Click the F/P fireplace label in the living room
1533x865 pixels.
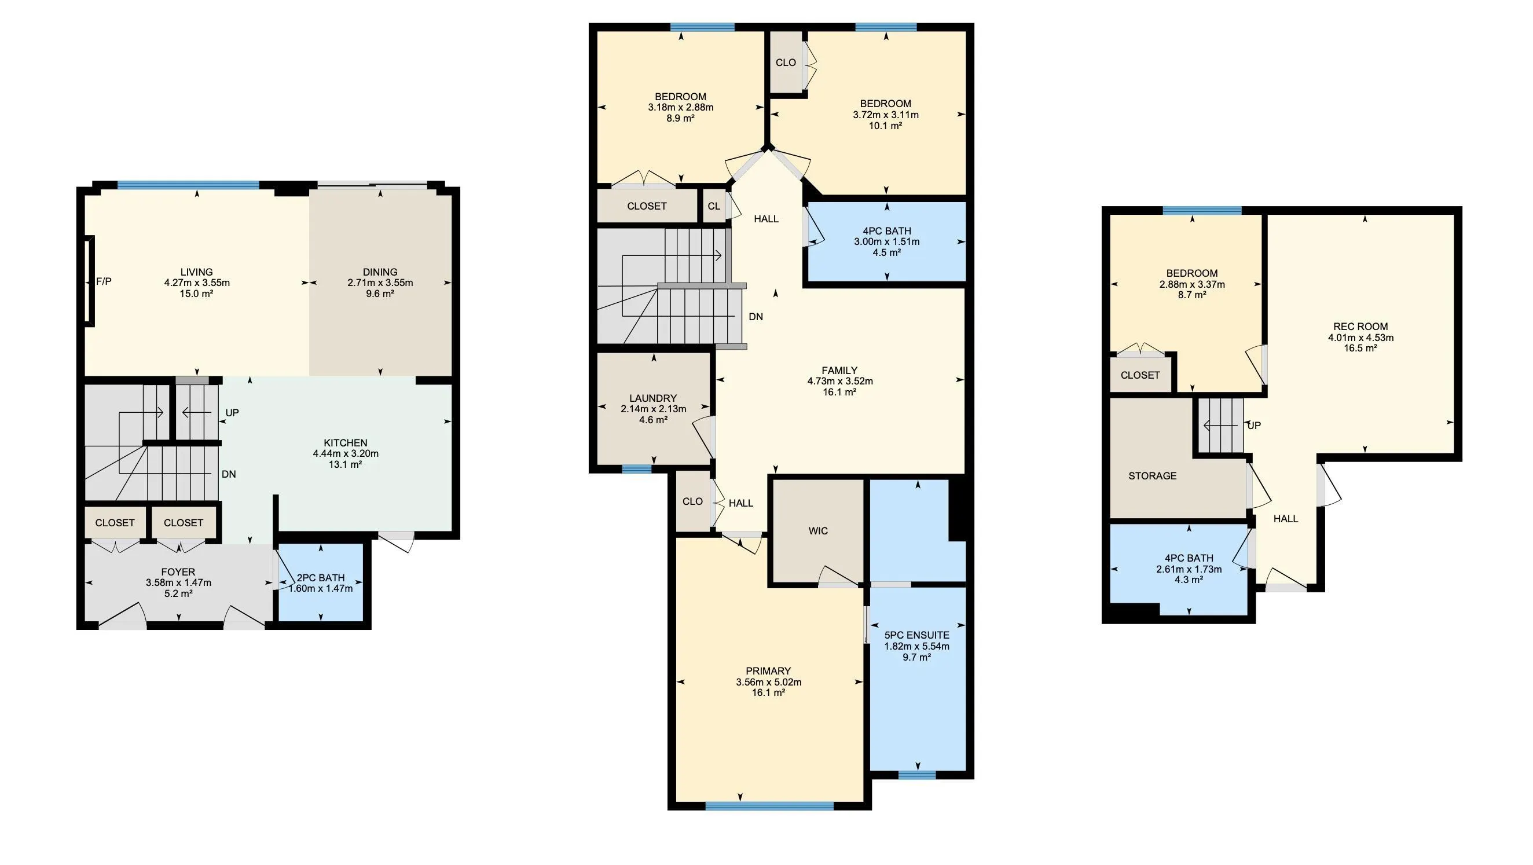[104, 281]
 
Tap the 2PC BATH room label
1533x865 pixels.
[321, 577]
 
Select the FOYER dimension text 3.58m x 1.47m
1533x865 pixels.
[178, 583]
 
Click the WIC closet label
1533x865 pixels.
[818, 531]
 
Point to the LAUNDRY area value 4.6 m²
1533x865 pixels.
[654, 420]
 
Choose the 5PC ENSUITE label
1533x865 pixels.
[917, 635]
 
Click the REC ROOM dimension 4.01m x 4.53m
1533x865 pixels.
[1361, 338]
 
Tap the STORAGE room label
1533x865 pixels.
[1153, 476]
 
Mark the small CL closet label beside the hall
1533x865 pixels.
[714, 206]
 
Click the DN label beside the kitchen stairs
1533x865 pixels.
[229, 474]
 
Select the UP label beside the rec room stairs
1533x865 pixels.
[1254, 426]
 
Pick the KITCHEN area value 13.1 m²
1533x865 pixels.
[346, 464]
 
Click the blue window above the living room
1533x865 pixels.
[189, 185]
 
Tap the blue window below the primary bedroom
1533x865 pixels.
[769, 806]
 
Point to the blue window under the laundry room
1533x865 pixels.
[637, 469]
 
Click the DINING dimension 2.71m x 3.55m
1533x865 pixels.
[380, 283]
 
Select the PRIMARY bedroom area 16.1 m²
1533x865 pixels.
[769, 693]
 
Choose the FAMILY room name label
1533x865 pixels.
[839, 371]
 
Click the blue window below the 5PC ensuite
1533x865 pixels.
[917, 775]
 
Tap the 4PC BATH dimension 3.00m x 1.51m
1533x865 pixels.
[887, 241]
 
